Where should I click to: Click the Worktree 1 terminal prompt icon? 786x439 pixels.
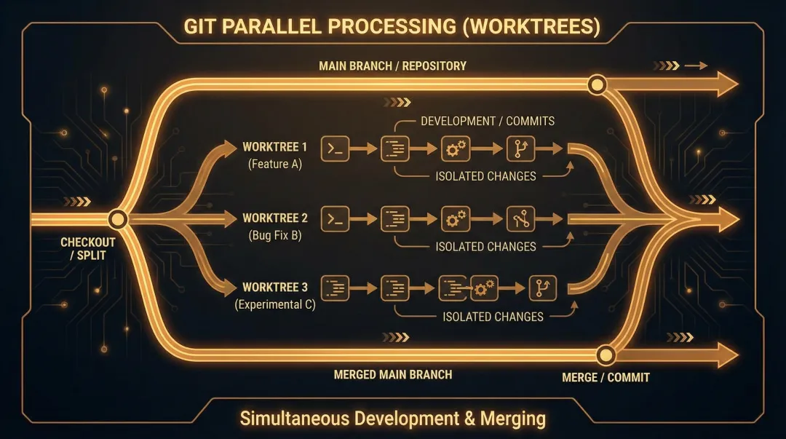click(x=335, y=149)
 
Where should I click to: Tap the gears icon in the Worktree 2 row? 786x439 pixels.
click(x=456, y=218)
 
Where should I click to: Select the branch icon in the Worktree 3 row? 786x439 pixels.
click(x=541, y=288)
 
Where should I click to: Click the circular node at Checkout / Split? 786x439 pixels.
click(x=118, y=218)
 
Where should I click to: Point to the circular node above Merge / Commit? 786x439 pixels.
click(x=605, y=355)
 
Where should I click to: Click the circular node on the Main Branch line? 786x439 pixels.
click(x=597, y=85)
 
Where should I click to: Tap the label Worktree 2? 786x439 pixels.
click(x=274, y=218)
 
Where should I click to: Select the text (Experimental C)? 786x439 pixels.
click(x=274, y=305)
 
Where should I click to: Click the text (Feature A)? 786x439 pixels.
click(x=274, y=165)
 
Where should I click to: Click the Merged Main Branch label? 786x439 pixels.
click(x=392, y=375)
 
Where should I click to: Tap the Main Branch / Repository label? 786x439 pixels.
click(x=392, y=66)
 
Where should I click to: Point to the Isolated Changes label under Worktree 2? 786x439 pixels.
click(x=485, y=247)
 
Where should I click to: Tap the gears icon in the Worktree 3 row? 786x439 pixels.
click(x=484, y=288)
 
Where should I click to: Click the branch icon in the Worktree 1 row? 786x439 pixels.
click(x=523, y=149)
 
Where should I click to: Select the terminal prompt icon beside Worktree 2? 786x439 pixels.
click(x=335, y=218)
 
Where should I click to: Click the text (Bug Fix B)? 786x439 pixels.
click(x=274, y=235)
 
